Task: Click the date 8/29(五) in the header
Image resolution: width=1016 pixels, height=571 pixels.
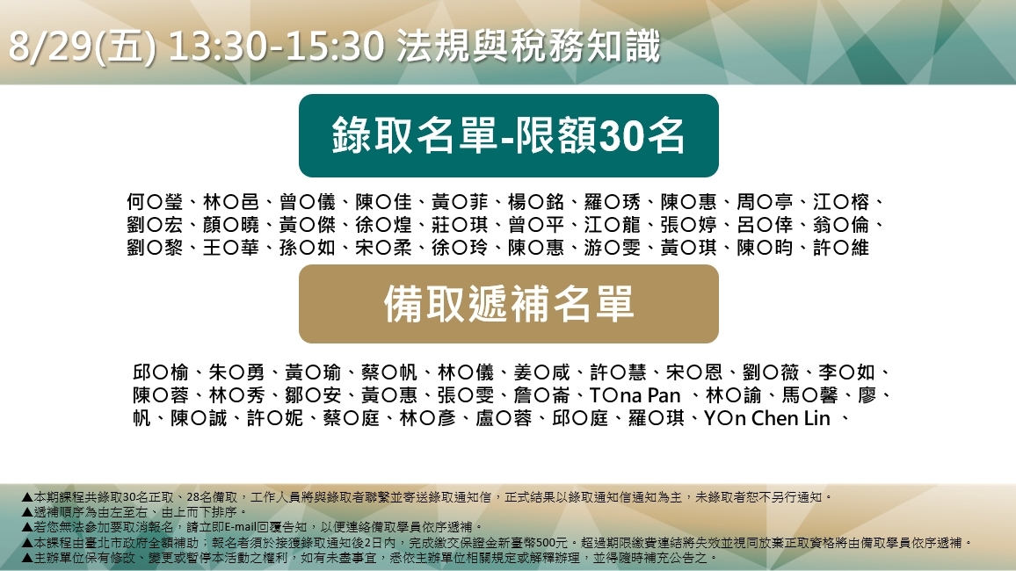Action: coord(82,46)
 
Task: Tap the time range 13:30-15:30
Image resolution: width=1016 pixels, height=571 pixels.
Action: coord(276,46)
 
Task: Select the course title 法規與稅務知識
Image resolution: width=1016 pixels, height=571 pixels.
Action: coord(528,46)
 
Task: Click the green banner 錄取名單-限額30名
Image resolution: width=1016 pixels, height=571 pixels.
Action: coord(509,135)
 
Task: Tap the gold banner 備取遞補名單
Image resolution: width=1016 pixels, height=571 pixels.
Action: coord(509,304)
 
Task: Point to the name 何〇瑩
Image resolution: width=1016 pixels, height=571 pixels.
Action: coord(155,202)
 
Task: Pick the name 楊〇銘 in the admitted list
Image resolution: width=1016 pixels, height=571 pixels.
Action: coord(536,202)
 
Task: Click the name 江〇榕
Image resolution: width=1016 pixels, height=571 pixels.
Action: coord(841,202)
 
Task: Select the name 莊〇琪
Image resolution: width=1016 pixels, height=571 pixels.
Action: coord(460,225)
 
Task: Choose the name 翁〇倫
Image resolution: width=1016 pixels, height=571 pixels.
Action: coord(841,225)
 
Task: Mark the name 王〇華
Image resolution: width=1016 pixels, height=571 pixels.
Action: coord(230,248)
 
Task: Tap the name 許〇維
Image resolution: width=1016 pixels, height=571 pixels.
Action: coord(841,248)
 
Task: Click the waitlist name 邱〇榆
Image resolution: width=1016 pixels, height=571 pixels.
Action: coord(161,372)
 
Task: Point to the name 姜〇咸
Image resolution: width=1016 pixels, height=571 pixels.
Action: coord(541,372)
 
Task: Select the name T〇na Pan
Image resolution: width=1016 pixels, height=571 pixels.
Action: coord(635,395)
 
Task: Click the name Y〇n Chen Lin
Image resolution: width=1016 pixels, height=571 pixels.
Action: coord(767,418)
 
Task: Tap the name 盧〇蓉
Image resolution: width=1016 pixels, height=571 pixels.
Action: coord(504,418)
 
